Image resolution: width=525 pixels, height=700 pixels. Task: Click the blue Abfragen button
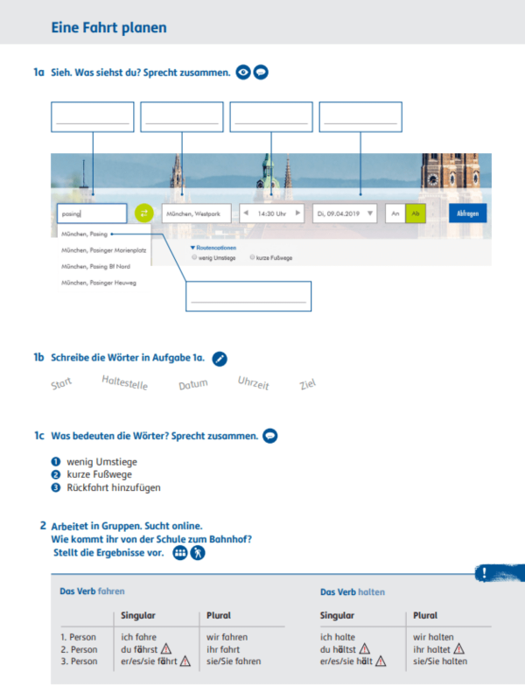(467, 213)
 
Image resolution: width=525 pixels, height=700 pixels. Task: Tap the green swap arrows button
(143, 213)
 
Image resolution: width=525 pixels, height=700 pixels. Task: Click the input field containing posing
(92, 213)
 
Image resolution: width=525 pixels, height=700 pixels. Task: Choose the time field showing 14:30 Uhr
(272, 213)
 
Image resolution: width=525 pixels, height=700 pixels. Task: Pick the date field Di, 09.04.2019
(345, 213)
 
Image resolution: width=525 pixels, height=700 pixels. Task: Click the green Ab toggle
(416, 213)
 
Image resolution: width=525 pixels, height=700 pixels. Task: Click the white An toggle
(395, 213)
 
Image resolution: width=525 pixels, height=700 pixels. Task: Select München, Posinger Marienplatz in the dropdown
(102, 250)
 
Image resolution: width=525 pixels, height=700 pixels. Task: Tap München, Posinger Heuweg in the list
(98, 283)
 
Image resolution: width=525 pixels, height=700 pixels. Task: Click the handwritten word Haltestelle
(125, 382)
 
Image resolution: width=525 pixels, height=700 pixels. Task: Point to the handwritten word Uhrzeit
(253, 382)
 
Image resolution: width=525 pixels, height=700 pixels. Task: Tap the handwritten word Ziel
(307, 384)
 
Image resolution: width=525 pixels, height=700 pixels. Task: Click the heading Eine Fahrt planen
(109, 28)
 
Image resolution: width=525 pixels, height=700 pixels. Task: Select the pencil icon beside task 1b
(220, 358)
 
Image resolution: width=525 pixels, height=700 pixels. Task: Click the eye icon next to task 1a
(244, 73)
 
